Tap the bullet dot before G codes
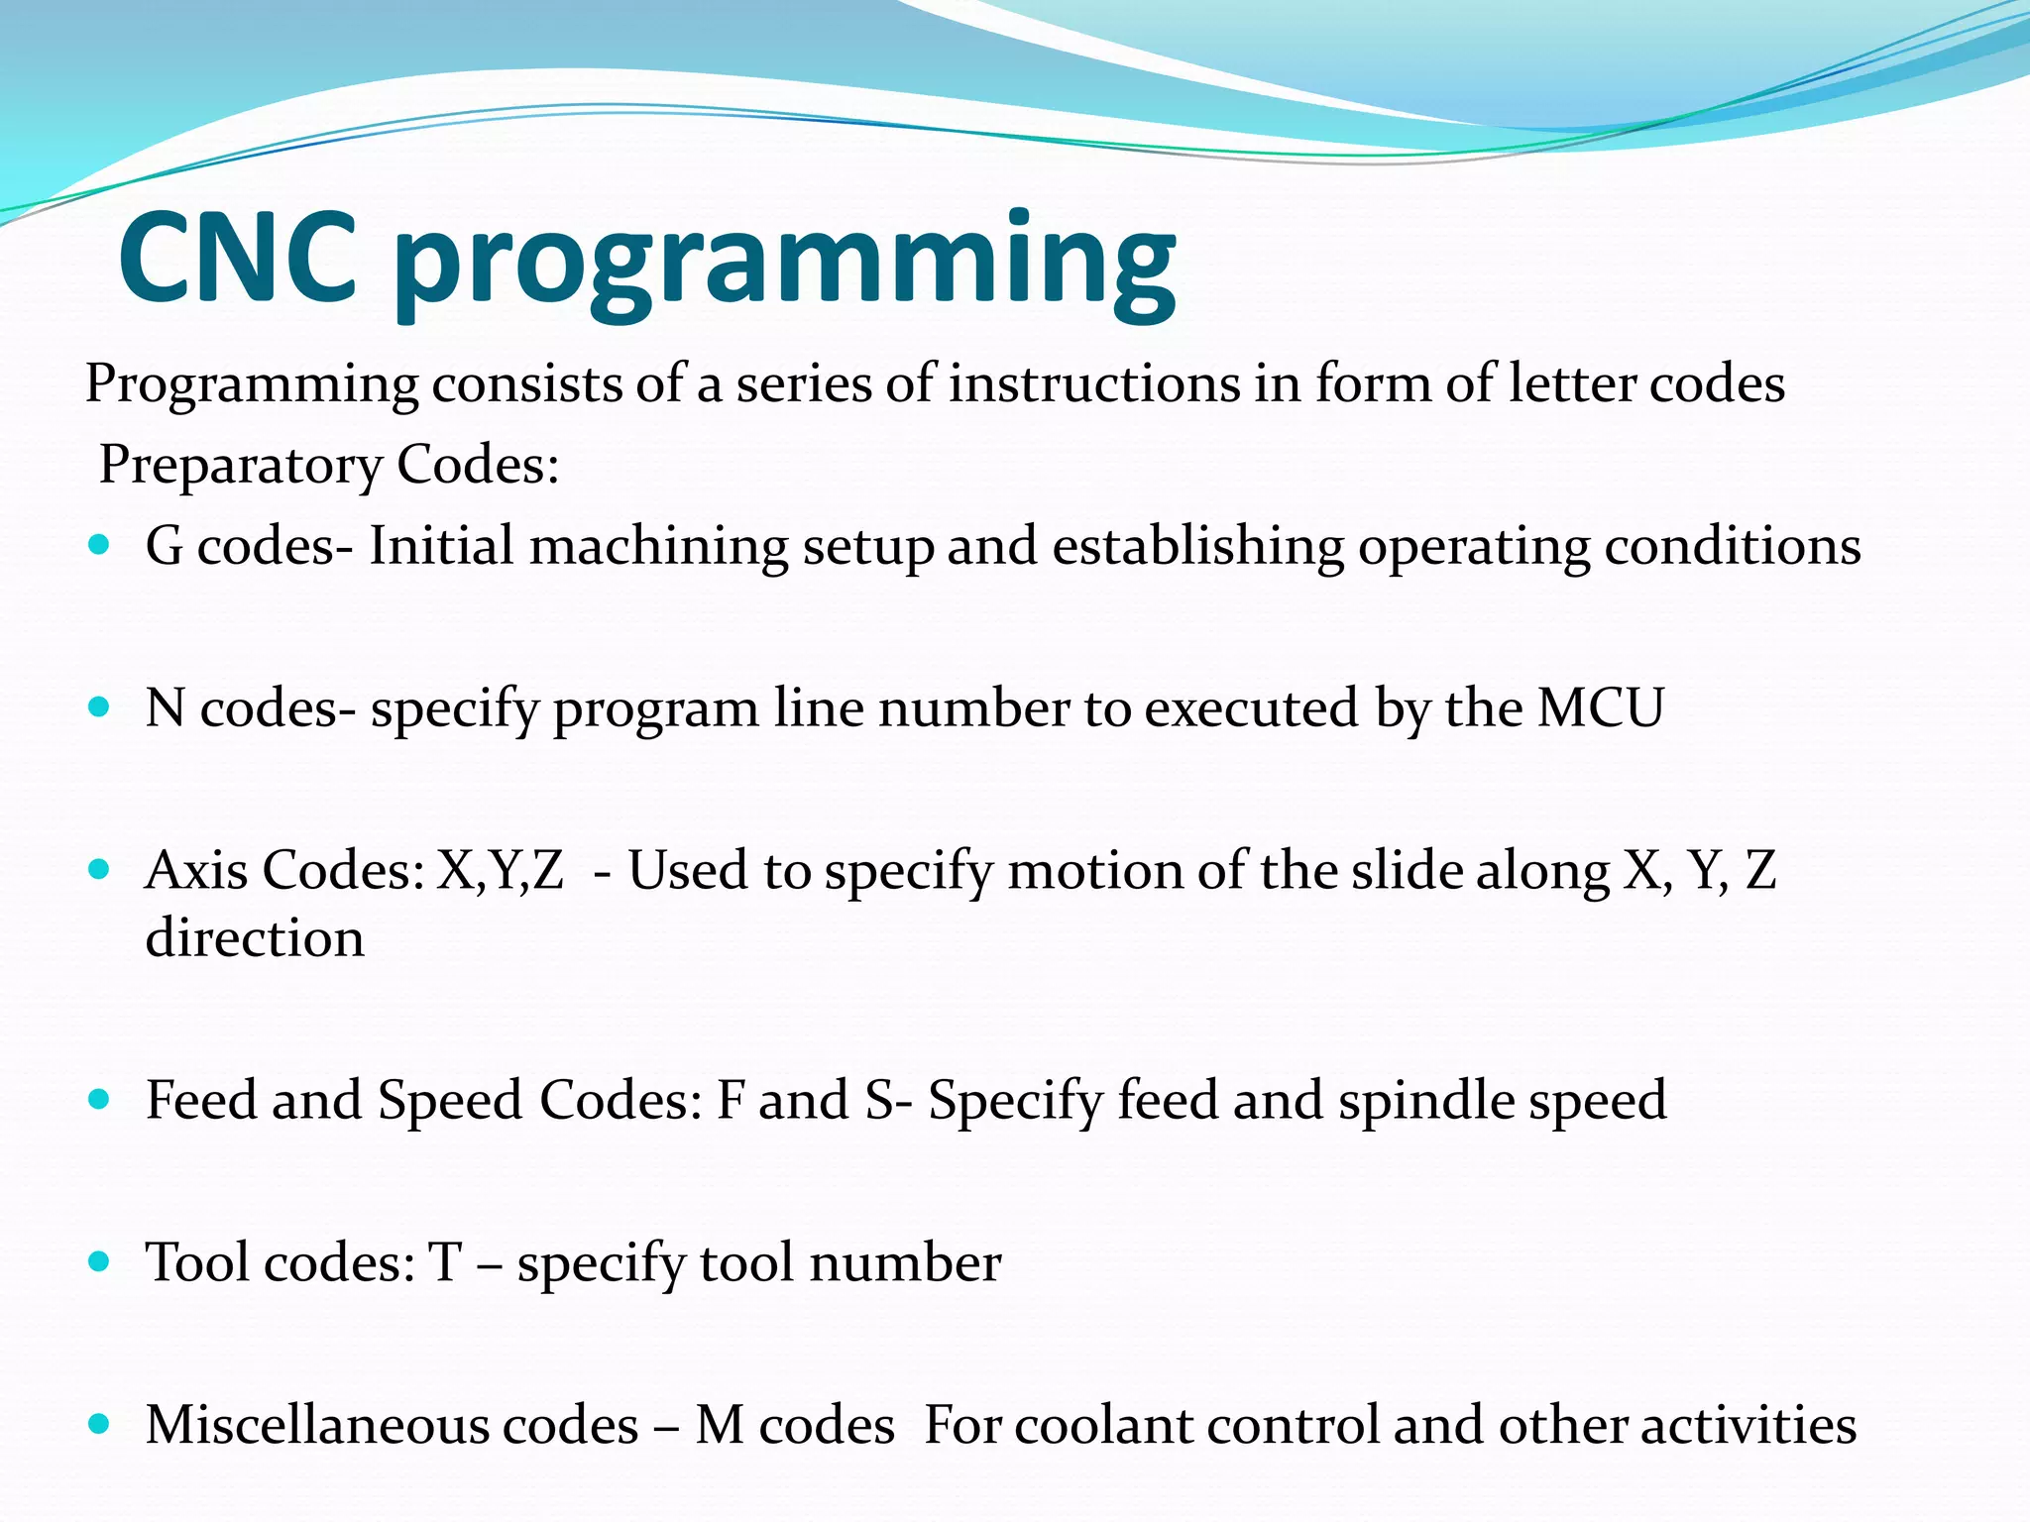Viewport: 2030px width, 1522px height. coord(98,544)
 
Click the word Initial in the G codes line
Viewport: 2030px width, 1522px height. coord(441,546)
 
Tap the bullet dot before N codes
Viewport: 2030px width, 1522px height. coord(98,707)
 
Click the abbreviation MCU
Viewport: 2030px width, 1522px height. coord(1601,708)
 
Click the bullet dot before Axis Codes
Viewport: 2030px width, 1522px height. coord(98,869)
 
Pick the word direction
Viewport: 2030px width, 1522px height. coord(255,938)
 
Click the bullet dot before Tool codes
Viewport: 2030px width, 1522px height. coord(98,1260)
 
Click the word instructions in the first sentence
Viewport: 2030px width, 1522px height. coord(1093,383)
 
